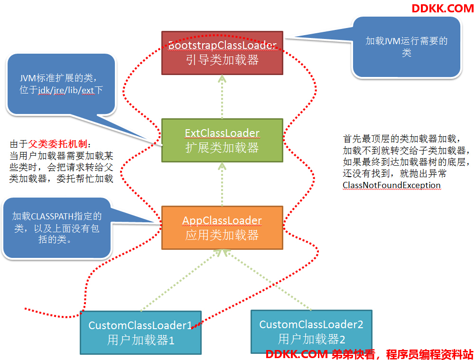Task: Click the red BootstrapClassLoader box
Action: tap(222, 53)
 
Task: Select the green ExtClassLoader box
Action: tap(222, 140)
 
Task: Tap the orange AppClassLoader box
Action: tap(222, 228)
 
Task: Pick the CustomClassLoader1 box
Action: tap(140, 332)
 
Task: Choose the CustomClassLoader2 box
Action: tap(311, 332)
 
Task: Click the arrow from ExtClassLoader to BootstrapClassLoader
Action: tap(222, 97)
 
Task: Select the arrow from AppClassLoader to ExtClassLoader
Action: tap(222, 184)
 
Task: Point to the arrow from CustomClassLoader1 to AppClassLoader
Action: tap(182, 280)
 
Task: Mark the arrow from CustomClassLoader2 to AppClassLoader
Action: tap(268, 280)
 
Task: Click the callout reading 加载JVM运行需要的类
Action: tap(406, 47)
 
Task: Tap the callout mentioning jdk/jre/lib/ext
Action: tap(61, 85)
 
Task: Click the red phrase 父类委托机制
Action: tap(57, 144)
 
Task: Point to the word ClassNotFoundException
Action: tap(391, 185)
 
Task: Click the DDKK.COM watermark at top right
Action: tap(443, 8)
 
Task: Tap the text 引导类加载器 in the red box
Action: tap(222, 60)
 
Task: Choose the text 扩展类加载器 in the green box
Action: tap(222, 148)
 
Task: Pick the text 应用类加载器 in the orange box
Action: tap(222, 235)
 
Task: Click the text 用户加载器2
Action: tap(311, 339)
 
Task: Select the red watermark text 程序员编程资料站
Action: tap(429, 354)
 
